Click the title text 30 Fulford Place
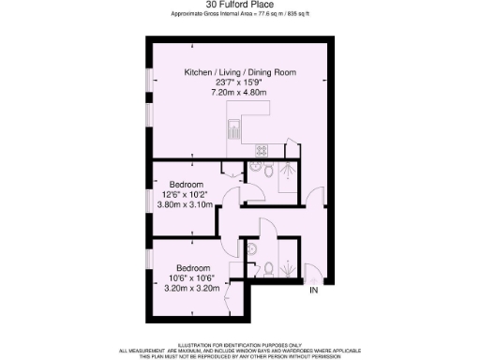tap(239, 5)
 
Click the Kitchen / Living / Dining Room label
tap(238, 72)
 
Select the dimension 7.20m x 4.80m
tap(238, 95)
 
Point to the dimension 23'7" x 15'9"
tap(238, 83)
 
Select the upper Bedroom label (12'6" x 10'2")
tap(187, 183)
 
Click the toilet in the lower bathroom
tap(270, 268)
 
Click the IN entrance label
tap(314, 292)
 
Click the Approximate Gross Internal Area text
tap(239, 15)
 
